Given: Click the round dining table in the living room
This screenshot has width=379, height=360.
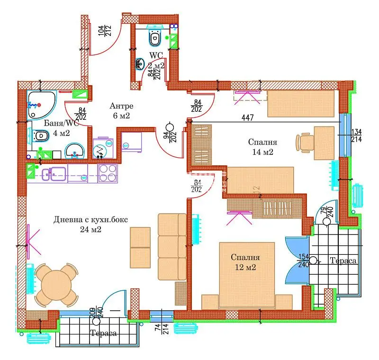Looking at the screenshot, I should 56,284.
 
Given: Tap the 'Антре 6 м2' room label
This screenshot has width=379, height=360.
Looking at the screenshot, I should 121,110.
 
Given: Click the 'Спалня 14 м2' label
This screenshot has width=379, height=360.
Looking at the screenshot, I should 262,147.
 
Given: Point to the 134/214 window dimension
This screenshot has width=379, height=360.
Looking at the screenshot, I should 356,135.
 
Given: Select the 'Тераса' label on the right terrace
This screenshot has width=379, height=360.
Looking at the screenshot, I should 343,261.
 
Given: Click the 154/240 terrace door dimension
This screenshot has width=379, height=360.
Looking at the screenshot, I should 303,260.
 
